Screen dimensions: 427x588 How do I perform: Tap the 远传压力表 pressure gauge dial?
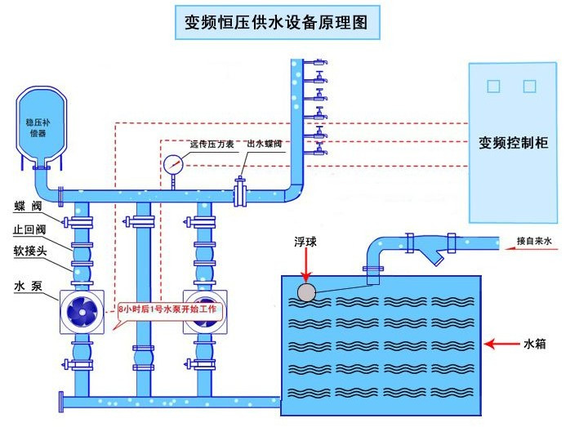coord(172,163)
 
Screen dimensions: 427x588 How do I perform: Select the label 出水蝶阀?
coord(264,144)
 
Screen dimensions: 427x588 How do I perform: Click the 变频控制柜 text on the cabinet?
coord(513,142)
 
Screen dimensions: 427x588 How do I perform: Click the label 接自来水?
coord(536,242)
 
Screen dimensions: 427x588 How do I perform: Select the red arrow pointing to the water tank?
coord(500,345)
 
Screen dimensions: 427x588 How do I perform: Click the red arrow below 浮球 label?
coord(306,266)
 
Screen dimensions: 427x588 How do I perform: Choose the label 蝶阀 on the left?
coord(24,207)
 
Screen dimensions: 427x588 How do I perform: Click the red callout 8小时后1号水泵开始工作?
coord(169,310)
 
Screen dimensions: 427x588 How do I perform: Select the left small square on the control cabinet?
coord(492,85)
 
